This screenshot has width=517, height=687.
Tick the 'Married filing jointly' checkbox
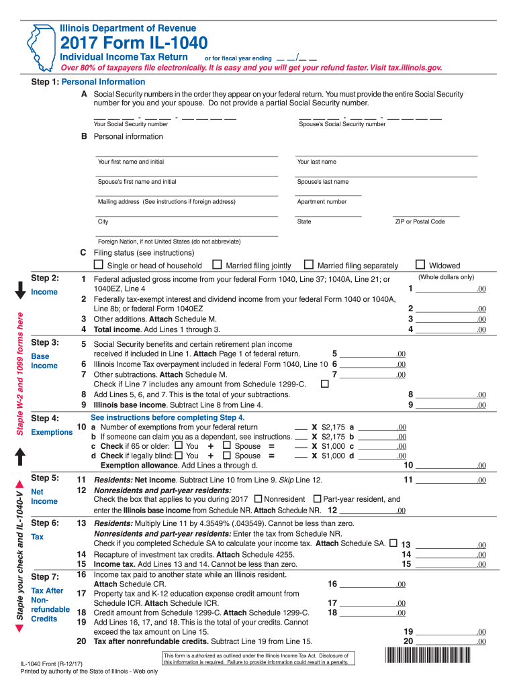tap(217, 265)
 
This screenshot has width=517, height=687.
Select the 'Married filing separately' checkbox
tap(309, 265)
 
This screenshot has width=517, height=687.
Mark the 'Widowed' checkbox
tap(421, 265)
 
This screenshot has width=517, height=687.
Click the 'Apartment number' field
tap(328, 192)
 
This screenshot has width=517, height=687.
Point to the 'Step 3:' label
tap(46, 342)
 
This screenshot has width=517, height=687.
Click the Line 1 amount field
tap(446, 288)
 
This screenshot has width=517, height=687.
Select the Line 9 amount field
tap(446, 405)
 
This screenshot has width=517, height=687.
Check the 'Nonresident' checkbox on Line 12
tap(258, 499)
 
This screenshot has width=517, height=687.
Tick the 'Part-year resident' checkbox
tap(318, 499)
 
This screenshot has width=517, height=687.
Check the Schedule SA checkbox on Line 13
tap(392, 542)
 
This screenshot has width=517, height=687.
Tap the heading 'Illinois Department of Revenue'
tap(128, 28)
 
